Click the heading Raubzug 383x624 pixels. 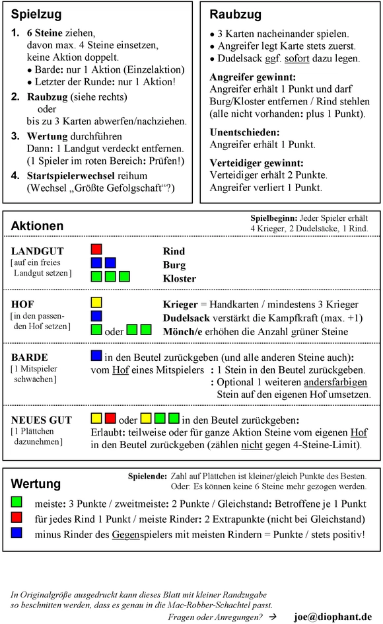tap(235, 15)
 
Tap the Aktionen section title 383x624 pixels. tap(37, 226)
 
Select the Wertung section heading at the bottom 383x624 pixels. tap(36, 483)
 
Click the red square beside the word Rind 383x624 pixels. tap(96, 249)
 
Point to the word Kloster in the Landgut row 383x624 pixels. tap(179, 278)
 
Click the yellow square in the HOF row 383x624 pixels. tap(96, 302)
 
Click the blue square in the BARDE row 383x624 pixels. tap(96, 356)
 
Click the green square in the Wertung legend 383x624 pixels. tap(18, 504)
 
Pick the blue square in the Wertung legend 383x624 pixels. tap(18, 533)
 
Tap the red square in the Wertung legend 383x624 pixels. tap(18, 518)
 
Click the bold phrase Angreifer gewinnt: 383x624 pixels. tap(252, 76)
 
